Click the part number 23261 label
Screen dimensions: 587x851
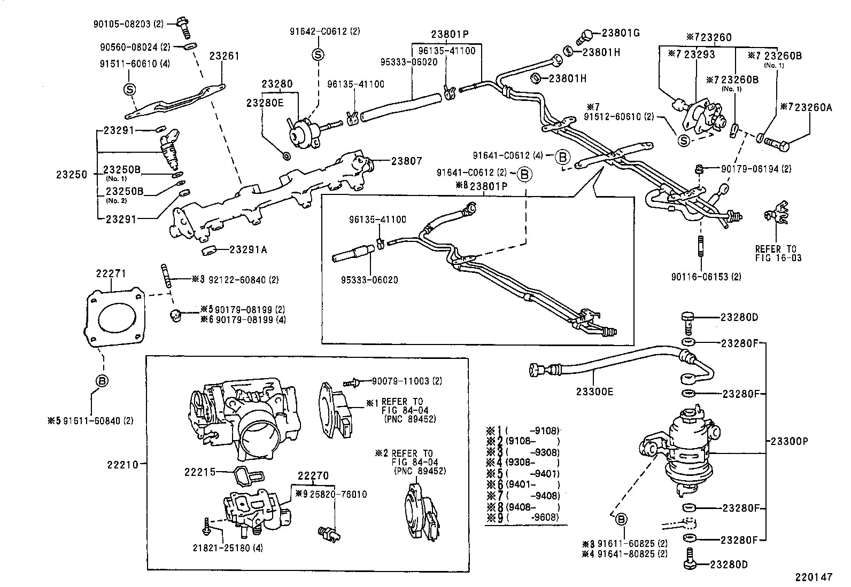[x=225, y=56]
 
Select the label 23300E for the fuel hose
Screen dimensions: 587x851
[x=594, y=392]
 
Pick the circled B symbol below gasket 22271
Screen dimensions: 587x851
[x=102, y=381]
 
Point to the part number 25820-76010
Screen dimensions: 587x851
[x=339, y=494]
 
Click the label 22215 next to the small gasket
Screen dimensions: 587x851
[x=200, y=472]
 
